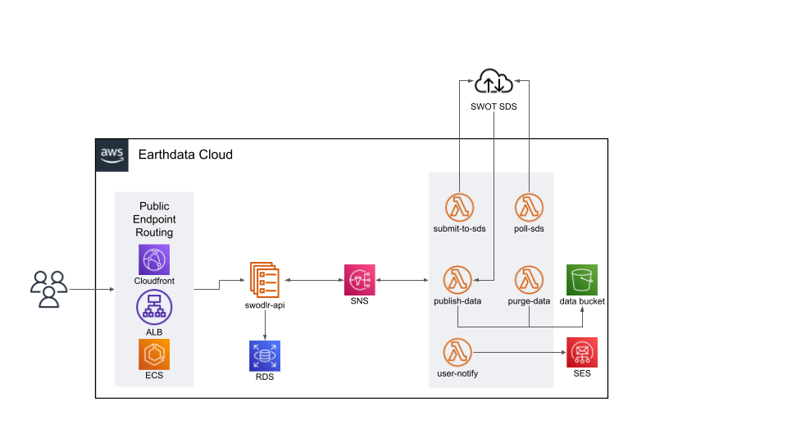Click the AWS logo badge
tap(111, 155)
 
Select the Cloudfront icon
tap(154, 260)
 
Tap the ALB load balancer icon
tap(154, 308)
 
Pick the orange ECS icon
tap(154, 354)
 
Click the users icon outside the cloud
tap(48, 289)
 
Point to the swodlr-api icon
tap(264, 281)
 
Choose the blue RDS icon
tap(264, 355)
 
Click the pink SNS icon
tap(358, 280)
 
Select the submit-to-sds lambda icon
tap(459, 208)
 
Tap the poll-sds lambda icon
tap(530, 208)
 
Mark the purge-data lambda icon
tap(530, 281)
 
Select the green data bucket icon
tap(582, 280)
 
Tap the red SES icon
tap(582, 353)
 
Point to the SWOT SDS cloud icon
tap(494, 83)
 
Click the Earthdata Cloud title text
tap(185, 155)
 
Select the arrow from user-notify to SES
tap(520, 353)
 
